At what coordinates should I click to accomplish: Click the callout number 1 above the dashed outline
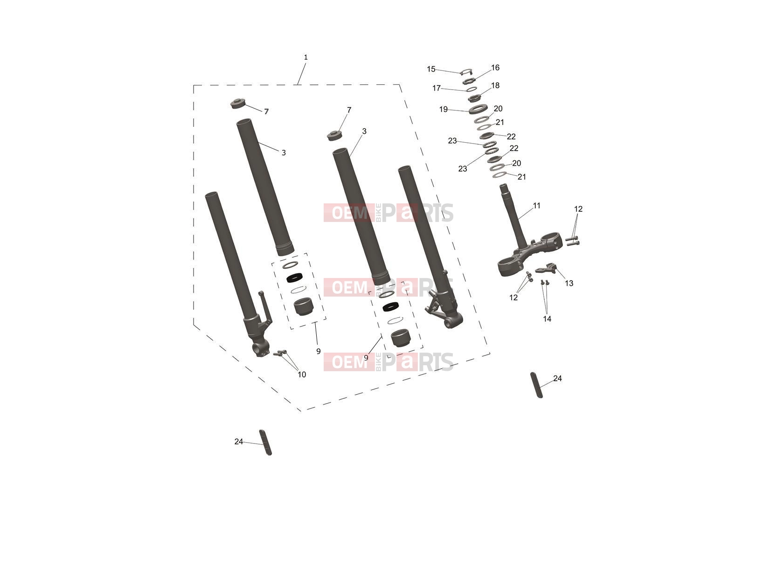pyautogui.click(x=305, y=57)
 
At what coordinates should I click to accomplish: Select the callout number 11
pyautogui.click(x=536, y=205)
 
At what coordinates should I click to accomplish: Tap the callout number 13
pyautogui.click(x=569, y=283)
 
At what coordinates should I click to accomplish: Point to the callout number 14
pyautogui.click(x=547, y=319)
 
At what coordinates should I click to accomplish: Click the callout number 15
pyautogui.click(x=431, y=69)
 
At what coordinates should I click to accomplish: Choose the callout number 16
pyautogui.click(x=495, y=67)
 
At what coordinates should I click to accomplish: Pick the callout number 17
pyautogui.click(x=436, y=88)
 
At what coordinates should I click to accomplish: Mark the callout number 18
pyautogui.click(x=495, y=85)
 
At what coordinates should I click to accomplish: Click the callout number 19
pyautogui.click(x=443, y=110)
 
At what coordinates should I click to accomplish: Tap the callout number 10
pyautogui.click(x=302, y=375)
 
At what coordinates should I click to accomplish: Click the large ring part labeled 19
pyautogui.click(x=478, y=109)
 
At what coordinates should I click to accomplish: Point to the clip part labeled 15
pyautogui.click(x=466, y=71)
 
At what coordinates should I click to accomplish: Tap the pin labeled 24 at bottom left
pyautogui.click(x=265, y=443)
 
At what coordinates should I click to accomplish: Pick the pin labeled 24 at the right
pyautogui.click(x=536, y=385)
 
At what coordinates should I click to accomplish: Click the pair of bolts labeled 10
pyautogui.click(x=280, y=353)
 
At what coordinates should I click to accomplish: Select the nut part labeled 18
pyautogui.click(x=474, y=97)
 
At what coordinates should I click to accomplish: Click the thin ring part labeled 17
pyautogui.click(x=472, y=89)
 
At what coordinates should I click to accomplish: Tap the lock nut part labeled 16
pyautogui.click(x=469, y=81)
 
